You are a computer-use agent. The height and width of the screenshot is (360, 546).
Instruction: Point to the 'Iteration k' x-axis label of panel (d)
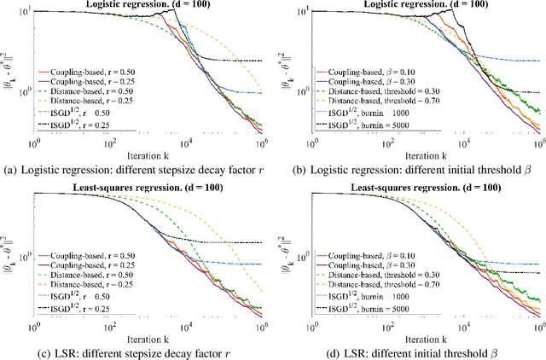(423, 334)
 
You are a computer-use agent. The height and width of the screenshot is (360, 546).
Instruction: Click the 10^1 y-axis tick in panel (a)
(25, 12)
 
